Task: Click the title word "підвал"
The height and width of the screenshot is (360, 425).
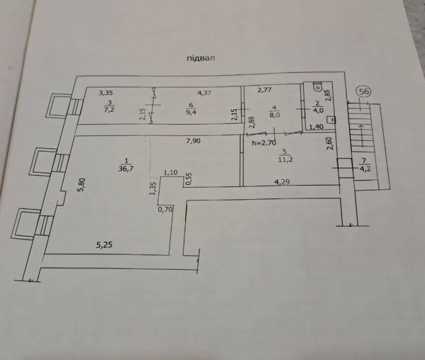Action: coord(201,58)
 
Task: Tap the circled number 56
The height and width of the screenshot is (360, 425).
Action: coord(364,92)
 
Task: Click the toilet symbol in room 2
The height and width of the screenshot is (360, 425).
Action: coord(317,86)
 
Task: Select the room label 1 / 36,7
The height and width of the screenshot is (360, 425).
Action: coord(126,164)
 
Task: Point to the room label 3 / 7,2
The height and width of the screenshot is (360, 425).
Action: coord(109,106)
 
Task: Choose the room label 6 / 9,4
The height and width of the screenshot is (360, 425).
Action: coord(191,109)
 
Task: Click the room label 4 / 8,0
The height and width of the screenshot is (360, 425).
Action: coord(275,112)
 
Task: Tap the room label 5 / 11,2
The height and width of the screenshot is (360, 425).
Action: coord(285,155)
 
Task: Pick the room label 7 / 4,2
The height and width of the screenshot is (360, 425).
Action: coord(364,165)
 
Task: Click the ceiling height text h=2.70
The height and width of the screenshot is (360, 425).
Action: coord(264,143)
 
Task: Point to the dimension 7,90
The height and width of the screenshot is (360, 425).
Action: coord(193,141)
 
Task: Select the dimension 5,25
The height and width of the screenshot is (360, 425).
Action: coord(104,245)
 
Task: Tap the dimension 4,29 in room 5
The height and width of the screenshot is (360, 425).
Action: coord(282,181)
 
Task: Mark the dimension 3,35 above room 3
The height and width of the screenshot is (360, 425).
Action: coord(106,93)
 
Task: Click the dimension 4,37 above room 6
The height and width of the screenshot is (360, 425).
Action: coord(204,93)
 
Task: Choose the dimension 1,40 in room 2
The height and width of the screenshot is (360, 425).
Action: coord(317,127)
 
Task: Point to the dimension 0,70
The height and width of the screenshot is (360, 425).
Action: coord(165,209)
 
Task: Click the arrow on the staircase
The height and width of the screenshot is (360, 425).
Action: coord(361,136)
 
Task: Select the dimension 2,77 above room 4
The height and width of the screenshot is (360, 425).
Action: coord(264,90)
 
